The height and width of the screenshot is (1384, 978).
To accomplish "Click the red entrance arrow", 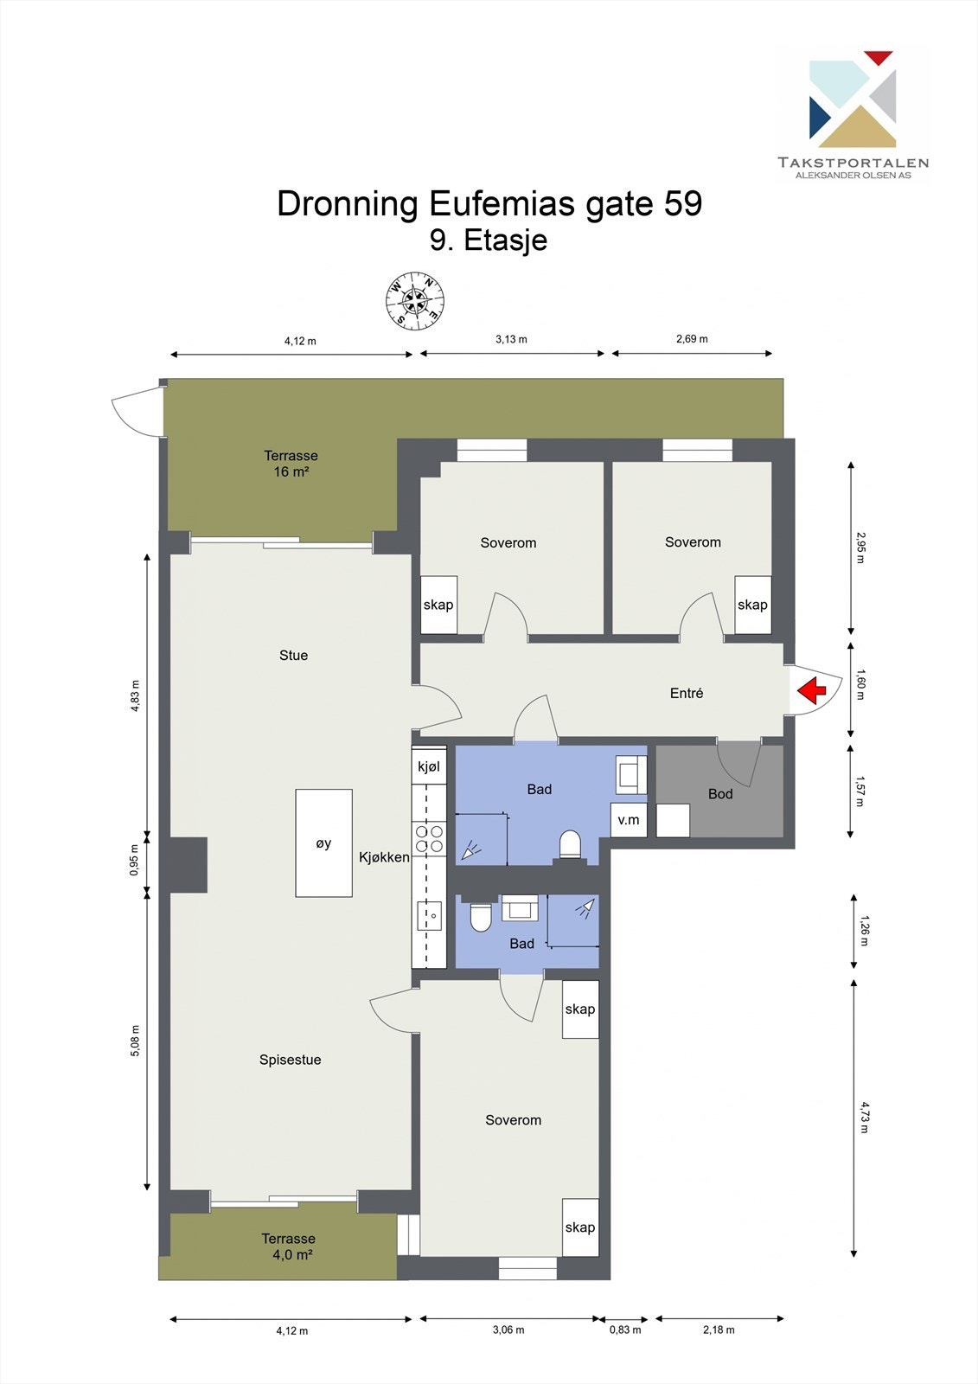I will click(811, 690).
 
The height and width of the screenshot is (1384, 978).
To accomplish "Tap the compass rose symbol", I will click(415, 302).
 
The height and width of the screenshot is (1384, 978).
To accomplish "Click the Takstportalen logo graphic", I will click(853, 99).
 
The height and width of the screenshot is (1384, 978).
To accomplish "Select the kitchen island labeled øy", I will click(323, 843).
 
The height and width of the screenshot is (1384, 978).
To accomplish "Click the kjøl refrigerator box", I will click(429, 766).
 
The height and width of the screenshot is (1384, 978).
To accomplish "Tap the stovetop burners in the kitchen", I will click(429, 838).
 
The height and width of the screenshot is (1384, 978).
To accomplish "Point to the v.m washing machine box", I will click(629, 819).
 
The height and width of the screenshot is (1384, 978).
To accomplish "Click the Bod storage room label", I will click(720, 793).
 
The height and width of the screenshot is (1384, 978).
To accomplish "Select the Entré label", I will click(687, 693).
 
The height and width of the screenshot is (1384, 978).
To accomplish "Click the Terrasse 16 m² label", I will click(291, 464).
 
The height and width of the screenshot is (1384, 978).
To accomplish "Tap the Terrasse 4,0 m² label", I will click(289, 1246).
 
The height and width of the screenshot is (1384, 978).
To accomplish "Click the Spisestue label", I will click(291, 1060).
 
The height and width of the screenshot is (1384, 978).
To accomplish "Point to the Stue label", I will click(293, 655).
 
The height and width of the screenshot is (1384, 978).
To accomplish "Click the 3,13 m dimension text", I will click(511, 339).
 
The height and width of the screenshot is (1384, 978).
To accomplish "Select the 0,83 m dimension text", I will click(625, 1330).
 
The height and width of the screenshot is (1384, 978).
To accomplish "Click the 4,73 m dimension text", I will click(864, 1117).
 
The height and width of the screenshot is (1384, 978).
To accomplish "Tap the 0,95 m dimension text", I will click(134, 860).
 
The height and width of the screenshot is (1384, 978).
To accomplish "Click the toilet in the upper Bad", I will click(570, 843).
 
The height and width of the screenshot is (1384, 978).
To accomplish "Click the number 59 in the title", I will click(683, 204).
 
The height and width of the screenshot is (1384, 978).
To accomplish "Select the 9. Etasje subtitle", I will click(489, 240).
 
